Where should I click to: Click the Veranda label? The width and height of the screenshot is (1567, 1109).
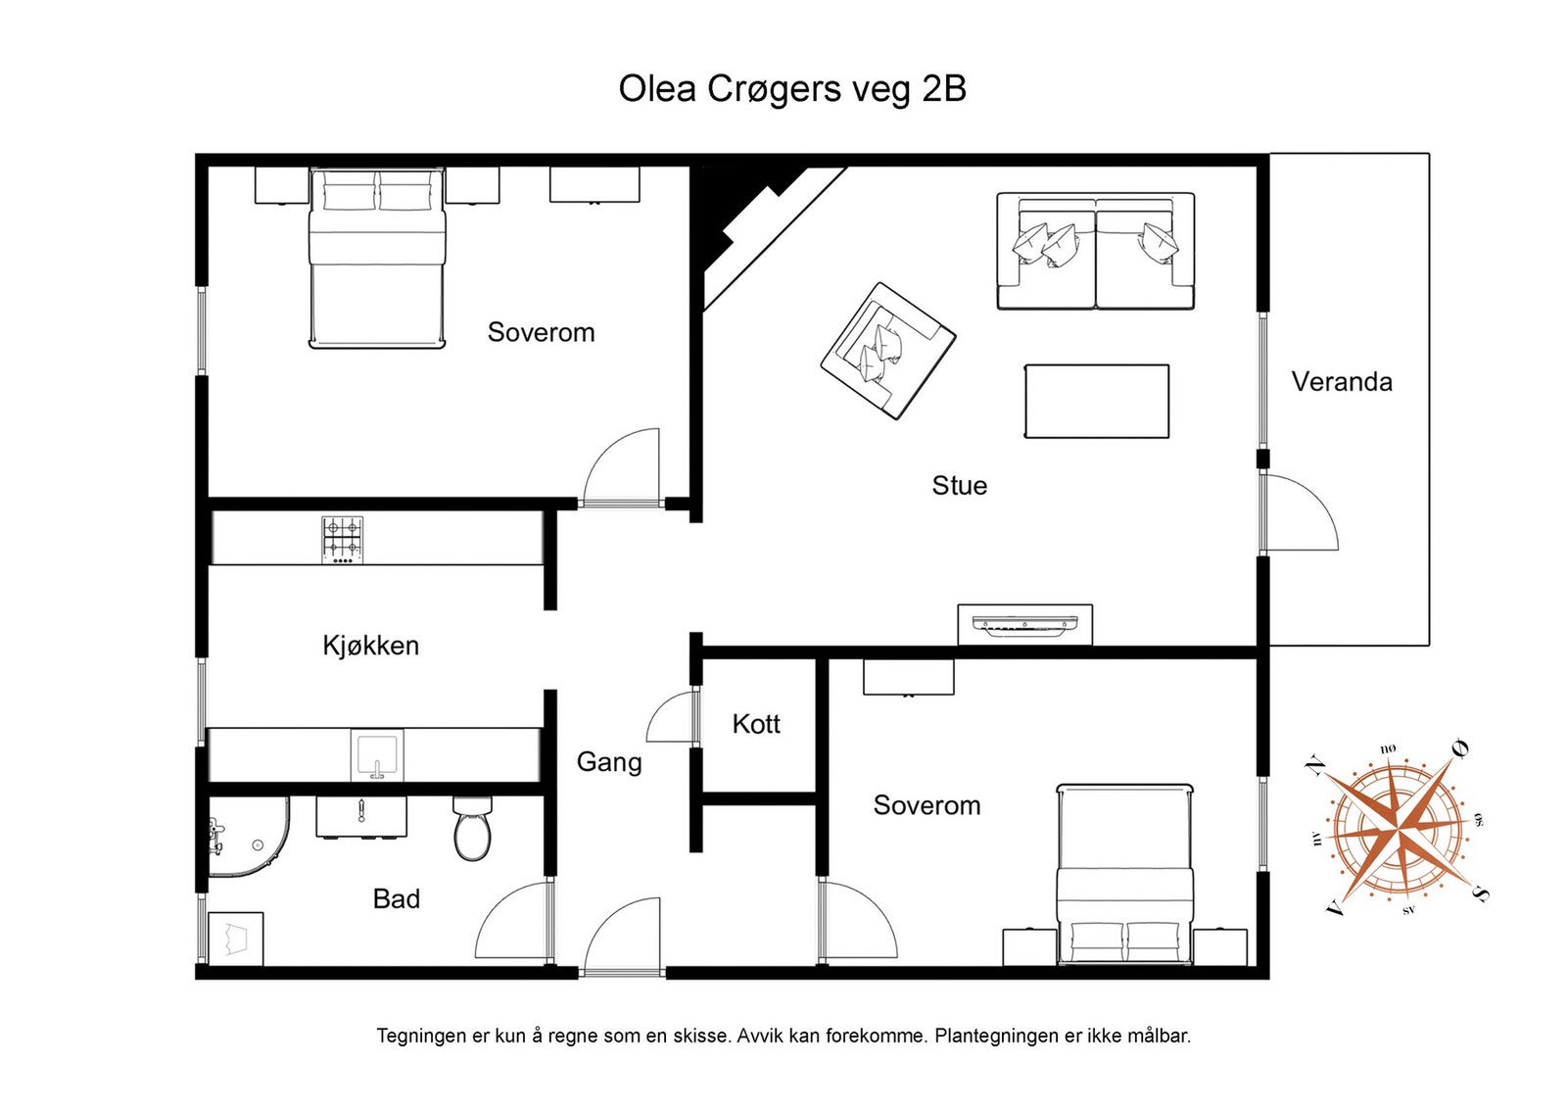click(1341, 382)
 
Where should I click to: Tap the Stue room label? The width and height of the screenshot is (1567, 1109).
click(959, 486)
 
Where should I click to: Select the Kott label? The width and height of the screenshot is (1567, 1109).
click(755, 723)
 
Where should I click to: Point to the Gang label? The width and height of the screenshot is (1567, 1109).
click(608, 762)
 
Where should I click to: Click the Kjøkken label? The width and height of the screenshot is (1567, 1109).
click(371, 646)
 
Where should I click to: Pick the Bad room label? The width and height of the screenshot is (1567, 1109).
click(396, 899)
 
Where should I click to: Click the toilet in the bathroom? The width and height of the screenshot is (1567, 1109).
click(473, 829)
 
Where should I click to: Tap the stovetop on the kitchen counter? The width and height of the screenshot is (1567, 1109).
click(343, 540)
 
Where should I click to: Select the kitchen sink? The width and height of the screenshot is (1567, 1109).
click(377, 755)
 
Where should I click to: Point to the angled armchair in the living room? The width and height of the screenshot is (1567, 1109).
click(887, 351)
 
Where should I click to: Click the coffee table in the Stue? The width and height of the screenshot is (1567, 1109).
click(1096, 401)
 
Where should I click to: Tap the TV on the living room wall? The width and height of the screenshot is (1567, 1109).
click(1024, 625)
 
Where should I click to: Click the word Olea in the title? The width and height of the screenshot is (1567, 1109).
click(657, 89)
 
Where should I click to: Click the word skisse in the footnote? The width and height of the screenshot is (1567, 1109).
click(701, 1036)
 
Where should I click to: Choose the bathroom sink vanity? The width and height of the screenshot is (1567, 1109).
click(361, 817)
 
